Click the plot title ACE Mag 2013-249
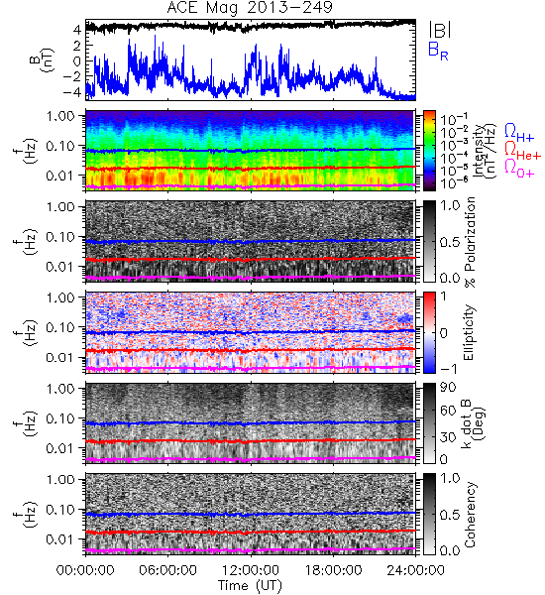click(250, 7)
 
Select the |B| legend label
click(440, 30)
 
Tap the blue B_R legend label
click(438, 51)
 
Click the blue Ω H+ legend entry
click(519, 132)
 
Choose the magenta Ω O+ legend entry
click(519, 169)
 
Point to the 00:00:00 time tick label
click(85, 570)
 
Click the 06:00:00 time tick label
click(168, 570)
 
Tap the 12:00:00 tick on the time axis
click(251, 570)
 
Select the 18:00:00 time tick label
click(333, 570)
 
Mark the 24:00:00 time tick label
click(415, 570)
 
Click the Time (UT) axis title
click(250, 585)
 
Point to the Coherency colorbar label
click(470, 515)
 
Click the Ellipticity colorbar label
click(469, 332)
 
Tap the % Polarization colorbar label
click(470, 242)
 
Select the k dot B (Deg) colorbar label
click(473, 423)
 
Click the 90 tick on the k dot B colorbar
click(448, 387)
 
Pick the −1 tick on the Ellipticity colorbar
click(448, 369)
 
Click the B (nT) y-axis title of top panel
click(42, 60)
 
